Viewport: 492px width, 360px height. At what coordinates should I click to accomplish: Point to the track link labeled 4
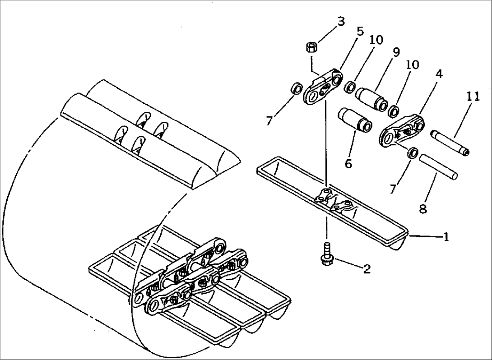pyautogui.click(x=403, y=130)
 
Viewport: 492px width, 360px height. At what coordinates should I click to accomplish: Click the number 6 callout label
pyautogui.click(x=348, y=163)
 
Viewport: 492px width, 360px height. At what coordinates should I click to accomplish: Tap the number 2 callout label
pyautogui.click(x=367, y=269)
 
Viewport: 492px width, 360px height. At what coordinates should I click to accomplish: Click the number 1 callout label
pyautogui.click(x=446, y=237)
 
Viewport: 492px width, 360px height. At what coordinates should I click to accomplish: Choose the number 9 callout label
pyautogui.click(x=396, y=52)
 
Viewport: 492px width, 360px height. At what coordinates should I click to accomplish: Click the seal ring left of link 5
pyautogui.click(x=296, y=88)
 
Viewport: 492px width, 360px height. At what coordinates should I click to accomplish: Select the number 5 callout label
pyautogui.click(x=359, y=32)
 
